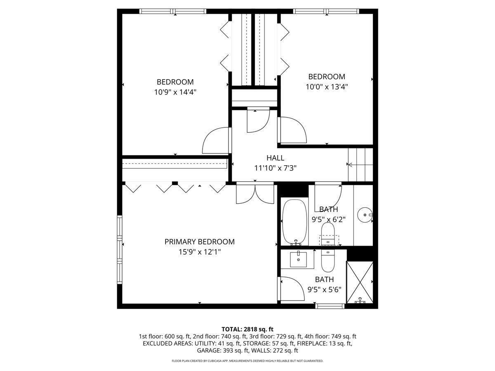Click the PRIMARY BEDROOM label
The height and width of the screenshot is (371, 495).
(x=200, y=242)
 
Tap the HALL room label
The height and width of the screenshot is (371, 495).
(x=275, y=158)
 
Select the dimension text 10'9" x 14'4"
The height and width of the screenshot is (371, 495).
(x=175, y=92)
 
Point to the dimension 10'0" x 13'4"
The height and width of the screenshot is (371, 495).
(x=327, y=87)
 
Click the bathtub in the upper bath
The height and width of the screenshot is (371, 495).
(x=295, y=221)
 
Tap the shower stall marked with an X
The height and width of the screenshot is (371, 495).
(x=360, y=283)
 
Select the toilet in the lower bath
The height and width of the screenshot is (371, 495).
(x=328, y=261)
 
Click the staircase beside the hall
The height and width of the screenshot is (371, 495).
(x=360, y=164)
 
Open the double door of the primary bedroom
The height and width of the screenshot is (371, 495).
(x=255, y=194)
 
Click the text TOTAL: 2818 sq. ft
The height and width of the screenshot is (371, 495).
(x=247, y=329)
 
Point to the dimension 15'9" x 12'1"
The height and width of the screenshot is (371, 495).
(x=200, y=252)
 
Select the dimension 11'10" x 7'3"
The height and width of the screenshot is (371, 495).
(x=275, y=168)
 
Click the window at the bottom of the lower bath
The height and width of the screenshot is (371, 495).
(x=330, y=306)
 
